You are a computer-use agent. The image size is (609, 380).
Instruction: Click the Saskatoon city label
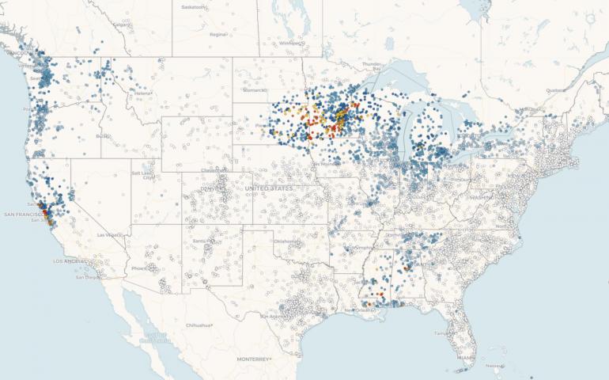[192, 6]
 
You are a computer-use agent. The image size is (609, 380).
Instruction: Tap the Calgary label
[121, 25]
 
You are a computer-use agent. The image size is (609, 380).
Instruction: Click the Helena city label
[142, 93]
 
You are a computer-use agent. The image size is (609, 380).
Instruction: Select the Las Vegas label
[108, 235]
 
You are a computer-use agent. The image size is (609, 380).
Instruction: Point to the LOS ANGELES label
[73, 260]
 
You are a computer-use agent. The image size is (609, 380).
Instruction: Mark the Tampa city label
[440, 333]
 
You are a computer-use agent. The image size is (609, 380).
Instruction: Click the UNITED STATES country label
[269, 188]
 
